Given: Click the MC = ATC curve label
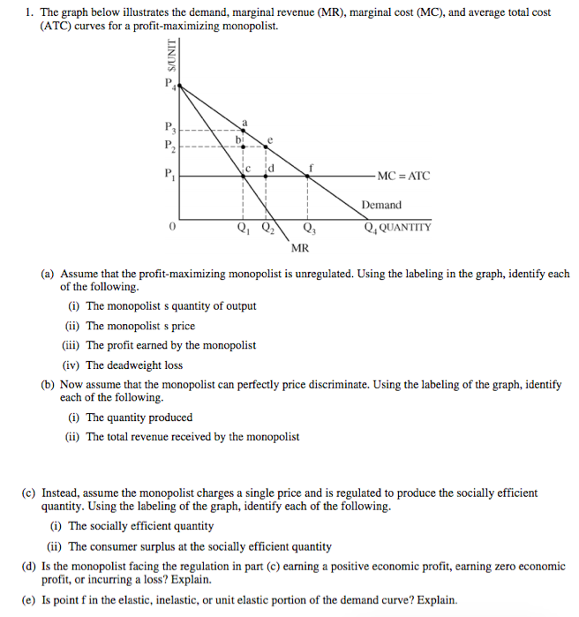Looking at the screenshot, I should (x=402, y=176).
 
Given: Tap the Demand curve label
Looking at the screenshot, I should (x=380, y=205).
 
